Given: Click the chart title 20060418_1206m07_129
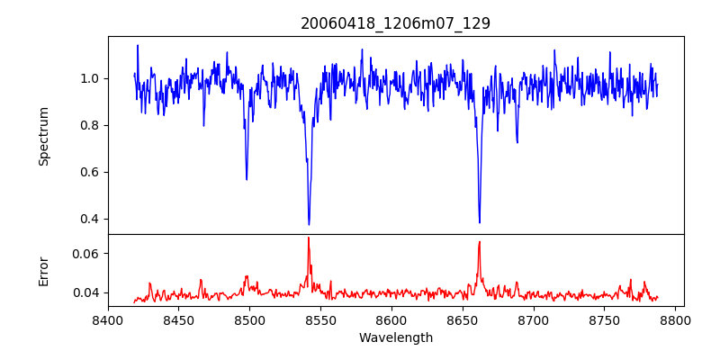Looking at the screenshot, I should tap(395, 23).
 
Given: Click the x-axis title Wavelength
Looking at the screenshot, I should tap(395, 337).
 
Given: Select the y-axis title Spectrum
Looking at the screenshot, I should tap(44, 136).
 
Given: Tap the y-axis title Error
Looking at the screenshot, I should tap(44, 270).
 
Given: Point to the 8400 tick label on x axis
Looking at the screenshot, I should tap(108, 319).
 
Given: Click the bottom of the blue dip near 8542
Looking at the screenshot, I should tap(309, 224).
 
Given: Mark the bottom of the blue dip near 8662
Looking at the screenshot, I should tap(480, 222).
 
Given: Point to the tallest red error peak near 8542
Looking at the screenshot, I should tap(308, 238).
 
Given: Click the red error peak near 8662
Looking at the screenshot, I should tap(480, 241).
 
